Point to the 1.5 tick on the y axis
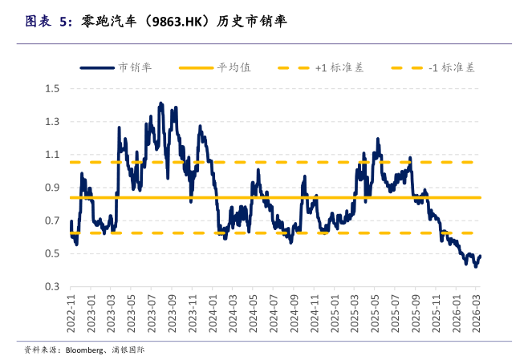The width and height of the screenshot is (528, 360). click(53, 88)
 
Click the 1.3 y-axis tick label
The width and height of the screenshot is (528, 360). click(53, 122)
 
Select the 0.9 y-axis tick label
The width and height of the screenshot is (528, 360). click(53, 188)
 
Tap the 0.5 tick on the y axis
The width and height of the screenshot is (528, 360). click(53, 253)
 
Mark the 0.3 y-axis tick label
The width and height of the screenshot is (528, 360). click(53, 287)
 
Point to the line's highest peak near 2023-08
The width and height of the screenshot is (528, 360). click(160, 103)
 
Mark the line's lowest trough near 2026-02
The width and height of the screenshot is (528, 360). click(475, 266)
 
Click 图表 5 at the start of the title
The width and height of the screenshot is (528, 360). click(45, 22)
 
